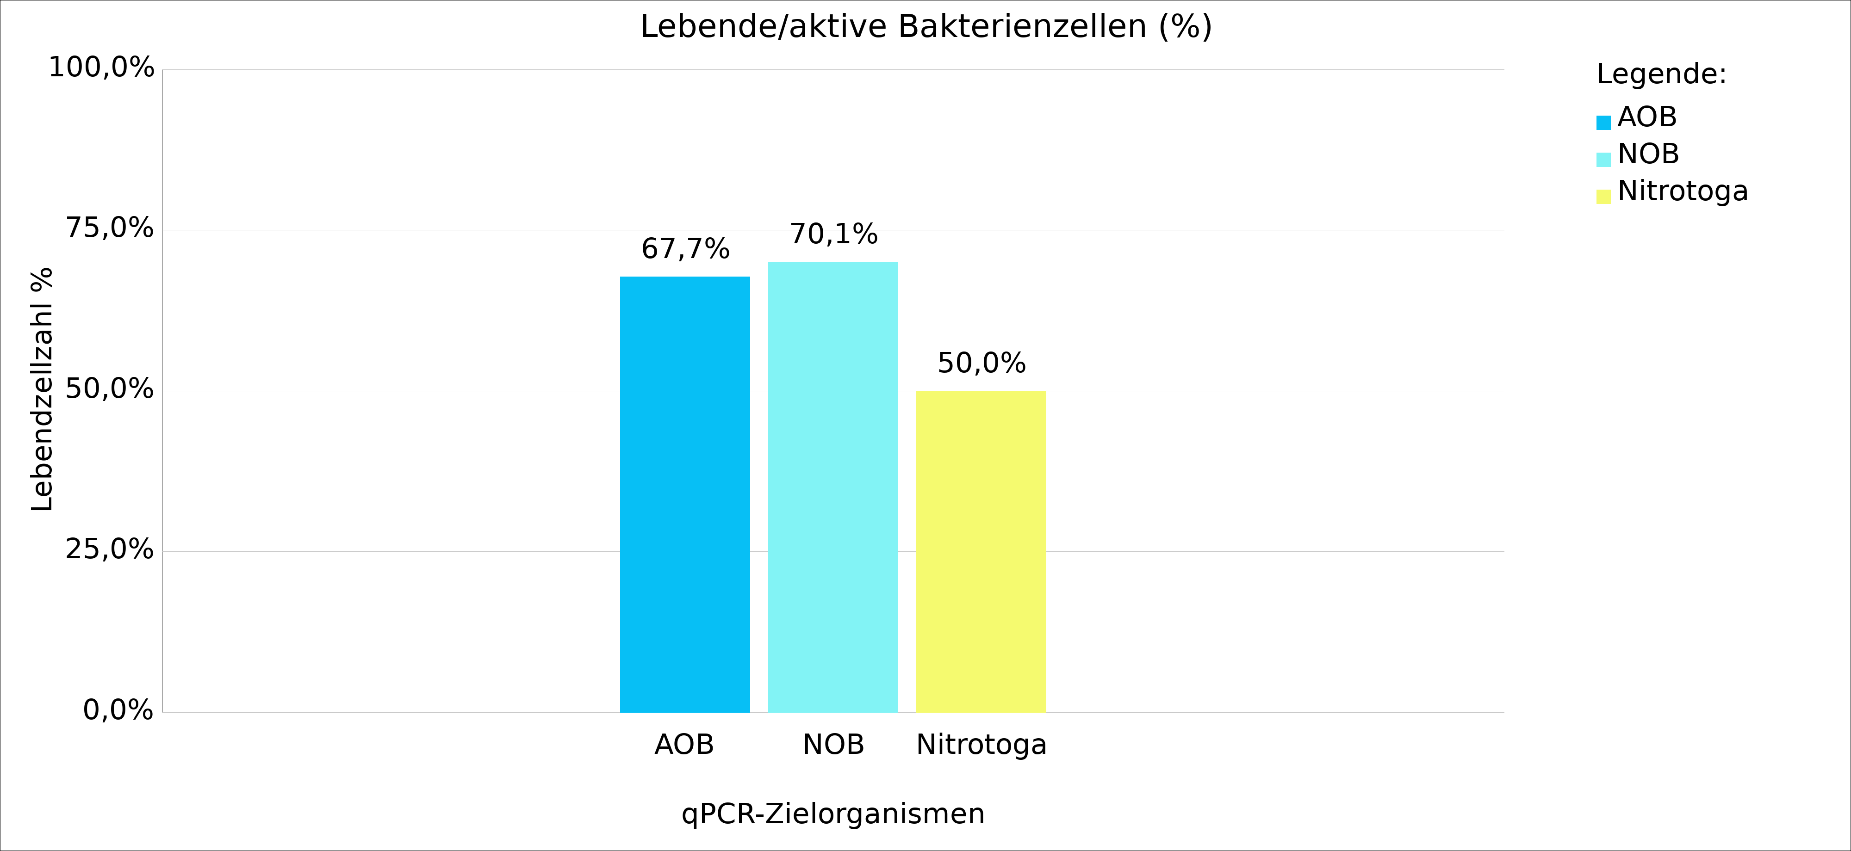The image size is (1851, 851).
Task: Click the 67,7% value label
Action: click(685, 249)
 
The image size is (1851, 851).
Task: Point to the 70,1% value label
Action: click(833, 234)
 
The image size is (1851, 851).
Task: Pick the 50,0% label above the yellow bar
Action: click(981, 364)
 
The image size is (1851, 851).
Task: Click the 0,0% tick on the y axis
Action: click(118, 710)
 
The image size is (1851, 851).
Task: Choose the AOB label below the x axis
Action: click(684, 745)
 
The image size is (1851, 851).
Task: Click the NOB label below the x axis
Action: click(833, 745)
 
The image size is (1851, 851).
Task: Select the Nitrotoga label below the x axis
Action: click(981, 745)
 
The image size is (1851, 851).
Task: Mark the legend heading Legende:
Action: click(1661, 74)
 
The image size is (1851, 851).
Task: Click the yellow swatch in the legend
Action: click(1603, 197)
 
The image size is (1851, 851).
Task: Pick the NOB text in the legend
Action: click(1648, 154)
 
